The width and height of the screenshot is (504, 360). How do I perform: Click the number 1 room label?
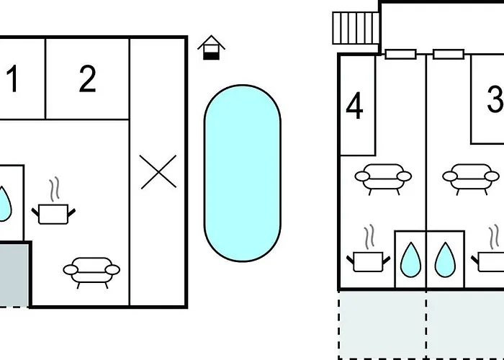click(x=12, y=78)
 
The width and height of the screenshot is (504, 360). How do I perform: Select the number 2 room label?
click(x=87, y=78)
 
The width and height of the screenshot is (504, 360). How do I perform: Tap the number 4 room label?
click(x=354, y=105)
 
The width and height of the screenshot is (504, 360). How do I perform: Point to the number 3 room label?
click(x=495, y=99)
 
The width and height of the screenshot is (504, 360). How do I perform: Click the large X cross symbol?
click(x=158, y=171)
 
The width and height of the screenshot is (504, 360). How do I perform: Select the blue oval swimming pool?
click(x=243, y=174)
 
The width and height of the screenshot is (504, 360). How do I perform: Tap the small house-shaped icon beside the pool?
click(x=211, y=48)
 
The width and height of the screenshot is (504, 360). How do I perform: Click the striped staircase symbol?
click(x=356, y=28)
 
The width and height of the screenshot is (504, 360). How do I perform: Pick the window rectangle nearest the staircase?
click(x=400, y=54)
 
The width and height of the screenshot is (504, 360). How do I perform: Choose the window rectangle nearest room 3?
click(x=449, y=54)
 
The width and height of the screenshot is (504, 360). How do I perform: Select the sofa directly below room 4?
click(x=383, y=179)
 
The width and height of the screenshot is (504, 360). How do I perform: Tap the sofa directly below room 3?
click(x=471, y=179)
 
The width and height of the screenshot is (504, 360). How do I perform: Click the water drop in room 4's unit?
click(x=410, y=260)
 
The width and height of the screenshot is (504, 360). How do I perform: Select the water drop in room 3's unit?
click(x=445, y=260)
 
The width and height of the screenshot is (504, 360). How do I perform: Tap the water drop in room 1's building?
click(x=4, y=204)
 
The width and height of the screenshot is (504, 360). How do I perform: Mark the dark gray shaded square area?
click(x=14, y=274)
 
